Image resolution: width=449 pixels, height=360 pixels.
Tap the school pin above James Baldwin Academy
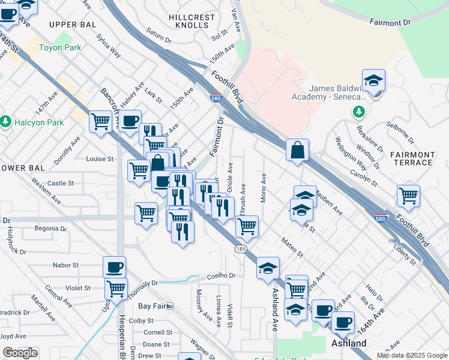point(373,80)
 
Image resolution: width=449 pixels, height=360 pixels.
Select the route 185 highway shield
point(240,248)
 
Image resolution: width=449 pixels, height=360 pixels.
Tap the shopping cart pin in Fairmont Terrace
point(408,194)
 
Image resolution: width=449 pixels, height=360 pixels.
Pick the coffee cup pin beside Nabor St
point(114,266)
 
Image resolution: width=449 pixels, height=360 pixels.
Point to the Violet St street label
point(78,288)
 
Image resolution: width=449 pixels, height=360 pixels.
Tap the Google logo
point(20,353)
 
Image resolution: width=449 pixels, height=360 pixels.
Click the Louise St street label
point(100,159)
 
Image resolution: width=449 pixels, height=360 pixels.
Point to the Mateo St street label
point(292,247)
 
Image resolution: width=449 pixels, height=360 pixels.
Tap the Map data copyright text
point(411,355)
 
